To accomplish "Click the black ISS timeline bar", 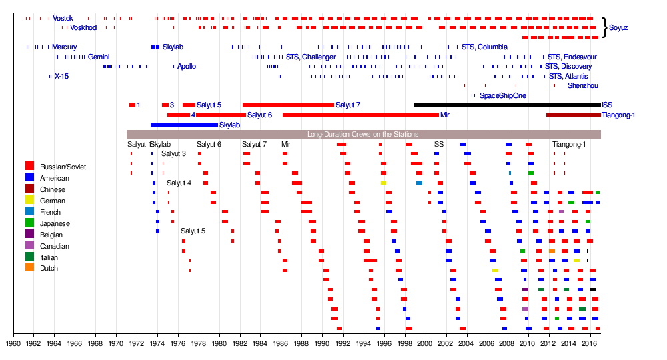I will tap(507, 105).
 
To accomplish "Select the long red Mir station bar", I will tap(360, 115).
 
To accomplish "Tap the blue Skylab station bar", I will tap(184, 125).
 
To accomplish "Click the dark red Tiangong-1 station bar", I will tap(573, 115).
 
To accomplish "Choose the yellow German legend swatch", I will tap(29, 201).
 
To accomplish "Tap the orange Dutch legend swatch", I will tap(29, 268).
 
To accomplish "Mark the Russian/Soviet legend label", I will tap(63, 167).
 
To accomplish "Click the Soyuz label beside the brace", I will tap(618, 28).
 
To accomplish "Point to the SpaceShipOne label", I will tap(502, 96).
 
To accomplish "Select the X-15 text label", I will tap(61, 77).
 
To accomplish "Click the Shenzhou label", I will tap(582, 86).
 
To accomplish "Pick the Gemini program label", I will tap(99, 57).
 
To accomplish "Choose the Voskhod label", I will tap(83, 28).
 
